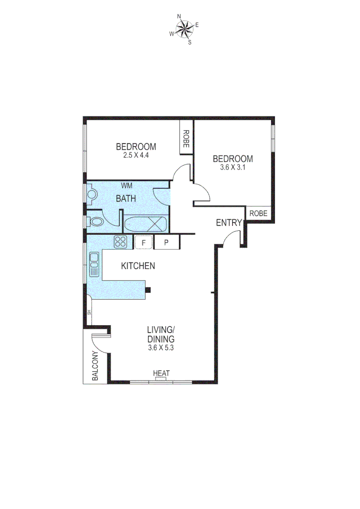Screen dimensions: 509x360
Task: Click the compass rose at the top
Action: (x=184, y=29)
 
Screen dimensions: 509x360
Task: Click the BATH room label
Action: (x=126, y=199)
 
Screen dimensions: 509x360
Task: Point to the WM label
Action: (x=126, y=185)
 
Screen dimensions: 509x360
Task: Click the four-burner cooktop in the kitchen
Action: (x=121, y=242)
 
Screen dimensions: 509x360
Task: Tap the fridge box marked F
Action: (x=143, y=242)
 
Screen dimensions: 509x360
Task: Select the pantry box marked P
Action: (x=167, y=242)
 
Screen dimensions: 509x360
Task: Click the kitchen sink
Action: (x=94, y=264)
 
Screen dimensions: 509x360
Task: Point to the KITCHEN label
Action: (x=138, y=266)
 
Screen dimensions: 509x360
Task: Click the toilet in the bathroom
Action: (x=96, y=221)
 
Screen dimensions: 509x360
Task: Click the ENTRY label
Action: (x=229, y=223)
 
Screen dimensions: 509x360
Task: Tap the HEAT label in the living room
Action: (x=161, y=373)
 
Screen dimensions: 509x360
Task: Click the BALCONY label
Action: (x=96, y=366)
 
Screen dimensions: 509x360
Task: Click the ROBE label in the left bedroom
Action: (x=186, y=139)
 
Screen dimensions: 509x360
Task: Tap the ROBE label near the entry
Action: (x=258, y=213)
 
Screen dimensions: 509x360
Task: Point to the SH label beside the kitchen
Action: (x=88, y=312)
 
